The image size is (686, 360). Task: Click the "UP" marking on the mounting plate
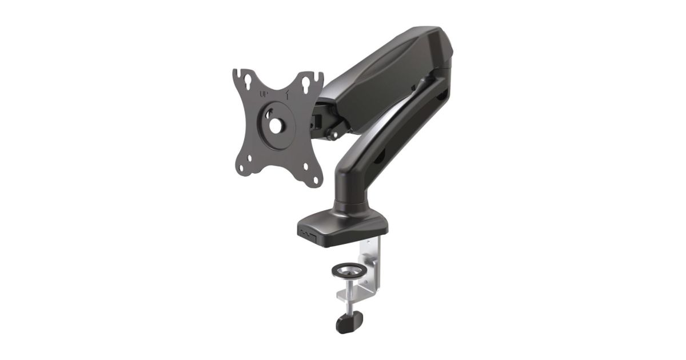click(264, 95)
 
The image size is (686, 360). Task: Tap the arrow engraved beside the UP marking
click(288, 96)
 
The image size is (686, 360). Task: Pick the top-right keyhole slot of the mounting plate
click(306, 85)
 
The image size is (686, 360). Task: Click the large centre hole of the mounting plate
click(276, 126)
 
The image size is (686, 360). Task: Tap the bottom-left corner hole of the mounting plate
click(241, 168)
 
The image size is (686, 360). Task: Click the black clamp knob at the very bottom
click(349, 322)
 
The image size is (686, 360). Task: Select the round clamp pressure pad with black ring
click(349, 271)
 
